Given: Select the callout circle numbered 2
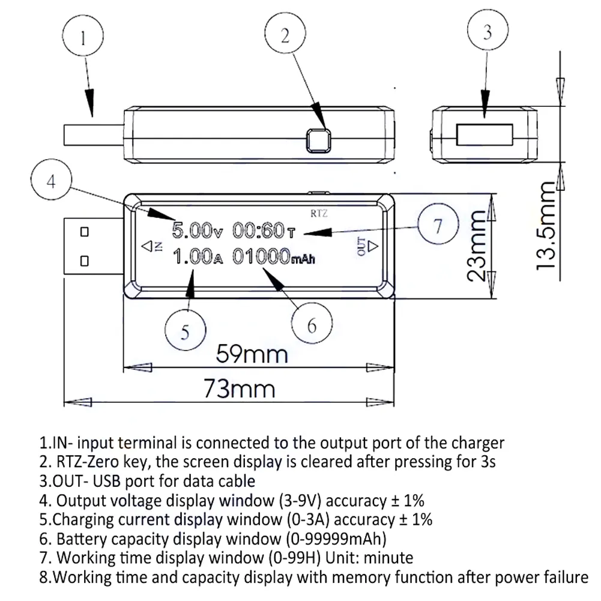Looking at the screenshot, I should click(x=286, y=36).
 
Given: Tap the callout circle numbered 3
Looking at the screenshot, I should click(x=487, y=33).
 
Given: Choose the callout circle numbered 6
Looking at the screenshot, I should click(x=311, y=325).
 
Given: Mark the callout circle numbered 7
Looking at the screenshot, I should click(x=438, y=226).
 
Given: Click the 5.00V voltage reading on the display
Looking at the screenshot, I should click(x=193, y=230).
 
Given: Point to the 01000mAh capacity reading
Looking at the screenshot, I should click(x=273, y=258).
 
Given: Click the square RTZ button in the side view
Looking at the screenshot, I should click(x=318, y=140).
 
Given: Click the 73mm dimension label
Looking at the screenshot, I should click(x=240, y=390).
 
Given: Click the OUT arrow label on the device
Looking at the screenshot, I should click(x=366, y=246).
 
